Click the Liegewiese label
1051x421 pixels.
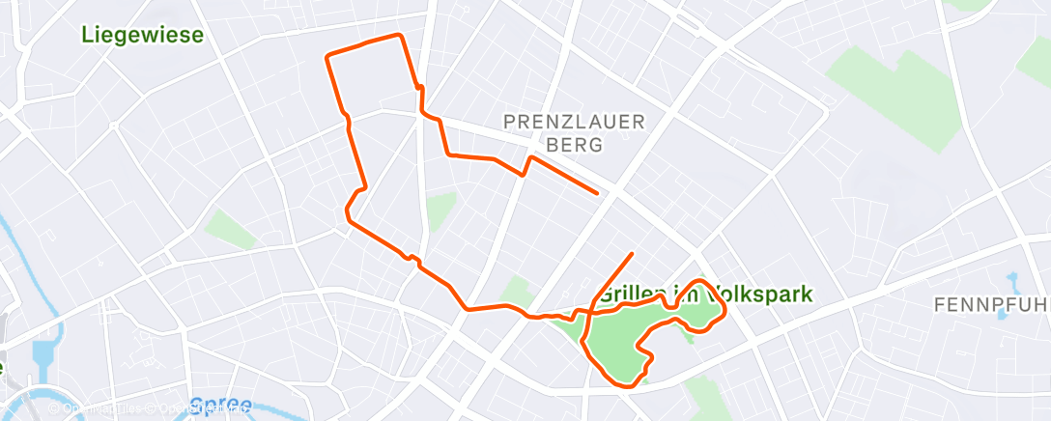tap(142, 36)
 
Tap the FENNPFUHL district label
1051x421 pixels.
tap(991, 305)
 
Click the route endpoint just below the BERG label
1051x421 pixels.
tap(597, 193)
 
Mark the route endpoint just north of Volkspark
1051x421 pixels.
tap(632, 254)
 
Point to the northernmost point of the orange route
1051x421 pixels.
tap(399, 35)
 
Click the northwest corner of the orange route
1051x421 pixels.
tap(327, 57)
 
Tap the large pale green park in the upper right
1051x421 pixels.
tap(898, 97)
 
